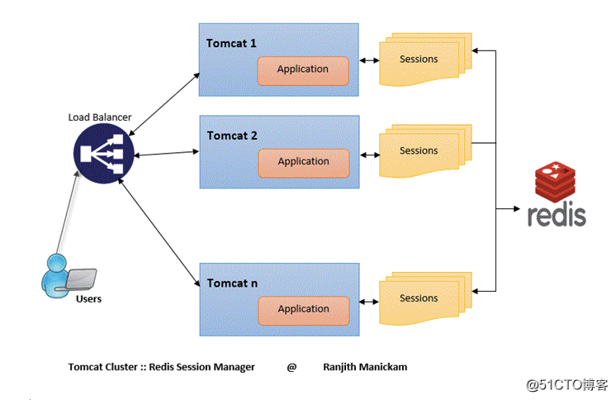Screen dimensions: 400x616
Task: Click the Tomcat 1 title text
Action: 232,43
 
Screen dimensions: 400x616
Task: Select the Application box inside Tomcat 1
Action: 302,70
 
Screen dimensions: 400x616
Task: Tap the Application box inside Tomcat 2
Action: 302,162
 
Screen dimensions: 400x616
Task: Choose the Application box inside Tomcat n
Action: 302,309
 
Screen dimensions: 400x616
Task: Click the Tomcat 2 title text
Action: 232,136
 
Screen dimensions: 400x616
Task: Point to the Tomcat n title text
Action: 232,283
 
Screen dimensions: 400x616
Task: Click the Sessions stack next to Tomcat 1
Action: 419,60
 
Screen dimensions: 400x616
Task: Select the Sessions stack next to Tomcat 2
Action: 419,152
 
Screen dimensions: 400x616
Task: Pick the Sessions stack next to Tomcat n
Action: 419,299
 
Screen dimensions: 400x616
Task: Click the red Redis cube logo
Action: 557,183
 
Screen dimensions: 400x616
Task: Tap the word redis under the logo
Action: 557,215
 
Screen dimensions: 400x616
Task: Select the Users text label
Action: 88,298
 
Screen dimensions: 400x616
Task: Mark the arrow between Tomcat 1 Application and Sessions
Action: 368,60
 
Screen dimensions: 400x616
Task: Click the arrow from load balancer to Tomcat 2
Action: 163,154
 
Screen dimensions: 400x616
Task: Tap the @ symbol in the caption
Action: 291,367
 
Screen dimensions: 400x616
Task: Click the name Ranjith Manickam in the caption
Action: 365,367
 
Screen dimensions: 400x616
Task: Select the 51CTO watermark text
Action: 568,384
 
